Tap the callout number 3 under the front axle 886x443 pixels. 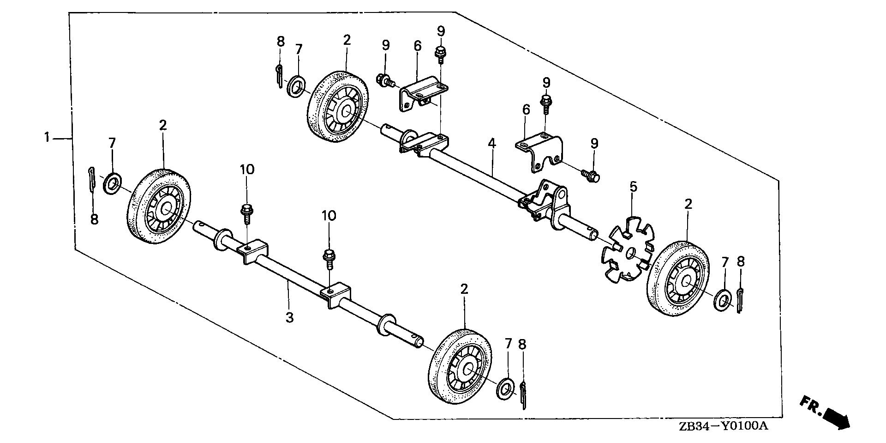(x=289, y=318)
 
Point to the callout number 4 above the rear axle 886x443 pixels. (x=492, y=143)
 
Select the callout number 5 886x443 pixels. (x=633, y=187)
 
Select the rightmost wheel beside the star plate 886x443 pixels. (x=678, y=279)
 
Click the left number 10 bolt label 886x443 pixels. (x=247, y=170)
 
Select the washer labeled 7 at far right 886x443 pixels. (x=722, y=300)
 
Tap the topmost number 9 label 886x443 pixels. (x=441, y=31)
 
